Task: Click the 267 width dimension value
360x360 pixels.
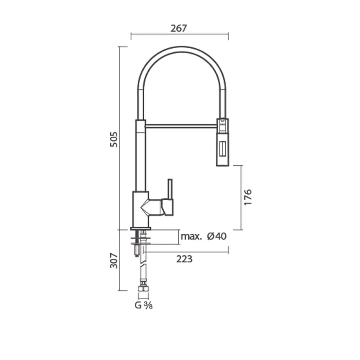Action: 179,28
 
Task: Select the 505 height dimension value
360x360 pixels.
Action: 114,139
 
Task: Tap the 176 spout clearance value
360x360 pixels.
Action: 248,197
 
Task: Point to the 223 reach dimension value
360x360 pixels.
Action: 184,259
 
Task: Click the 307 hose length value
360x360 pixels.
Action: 114,261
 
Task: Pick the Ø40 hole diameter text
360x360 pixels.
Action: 217,236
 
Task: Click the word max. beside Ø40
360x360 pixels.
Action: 191,236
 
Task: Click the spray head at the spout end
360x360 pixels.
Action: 222,142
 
